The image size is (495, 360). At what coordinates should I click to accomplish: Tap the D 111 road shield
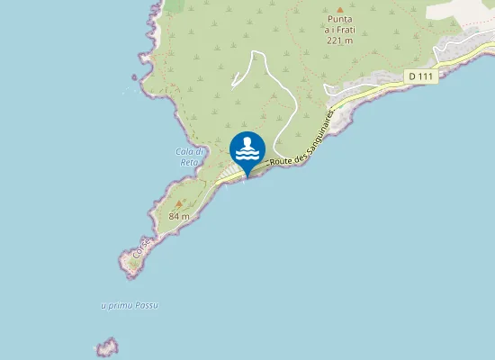tap(420, 76)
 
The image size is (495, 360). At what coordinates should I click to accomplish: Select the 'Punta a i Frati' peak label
tap(339, 24)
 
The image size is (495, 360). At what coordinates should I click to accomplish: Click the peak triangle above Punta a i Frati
tap(339, 9)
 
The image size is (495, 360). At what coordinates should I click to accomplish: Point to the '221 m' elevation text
tap(339, 40)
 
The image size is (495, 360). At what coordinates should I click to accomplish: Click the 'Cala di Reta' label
tap(189, 157)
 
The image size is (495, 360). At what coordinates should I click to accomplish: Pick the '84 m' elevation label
tap(179, 216)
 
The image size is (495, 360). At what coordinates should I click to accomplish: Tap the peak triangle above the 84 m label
tap(179, 203)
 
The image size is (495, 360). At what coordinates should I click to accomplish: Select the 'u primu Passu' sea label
tap(130, 306)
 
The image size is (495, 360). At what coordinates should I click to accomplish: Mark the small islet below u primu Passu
tap(108, 347)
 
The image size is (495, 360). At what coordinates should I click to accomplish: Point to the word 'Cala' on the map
tap(184, 151)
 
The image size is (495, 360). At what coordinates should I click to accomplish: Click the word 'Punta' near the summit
tap(339, 19)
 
